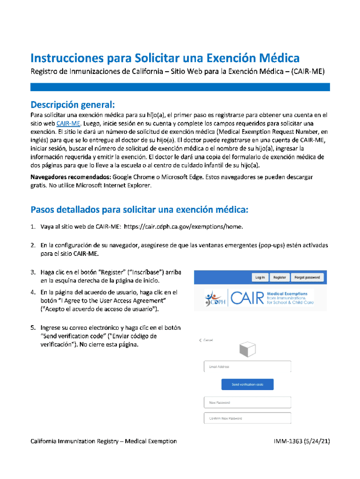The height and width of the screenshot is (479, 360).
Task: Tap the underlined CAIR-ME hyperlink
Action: click(x=69, y=123)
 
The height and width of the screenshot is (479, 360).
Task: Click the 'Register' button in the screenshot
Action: click(x=280, y=277)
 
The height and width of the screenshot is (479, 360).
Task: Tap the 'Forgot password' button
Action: click(x=307, y=277)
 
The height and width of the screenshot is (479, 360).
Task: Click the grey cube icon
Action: click(x=247, y=349)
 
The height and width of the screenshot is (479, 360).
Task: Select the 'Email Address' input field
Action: click(x=247, y=367)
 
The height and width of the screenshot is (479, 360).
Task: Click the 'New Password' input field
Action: click(x=247, y=402)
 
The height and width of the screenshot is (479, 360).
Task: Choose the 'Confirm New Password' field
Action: click(x=247, y=418)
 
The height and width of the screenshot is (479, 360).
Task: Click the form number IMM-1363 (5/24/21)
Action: click(x=302, y=441)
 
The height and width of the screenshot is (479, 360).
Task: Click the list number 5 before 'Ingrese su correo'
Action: click(x=33, y=327)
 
